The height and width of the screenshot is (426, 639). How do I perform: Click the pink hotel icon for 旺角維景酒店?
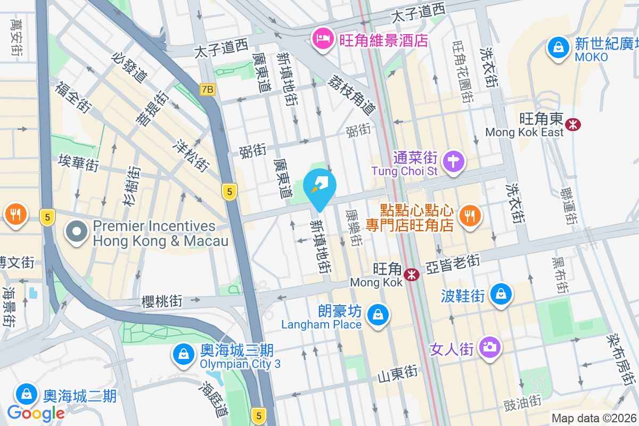tap(322, 39)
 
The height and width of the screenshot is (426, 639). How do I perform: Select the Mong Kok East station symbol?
tap(574, 125)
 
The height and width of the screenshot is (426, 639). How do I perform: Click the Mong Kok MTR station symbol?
tap(411, 275)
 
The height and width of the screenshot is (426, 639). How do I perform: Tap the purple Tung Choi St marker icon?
tap(454, 161)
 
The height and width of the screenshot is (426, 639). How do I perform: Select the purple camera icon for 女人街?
tap(489, 347)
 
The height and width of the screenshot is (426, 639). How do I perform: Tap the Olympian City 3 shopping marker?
tap(183, 354)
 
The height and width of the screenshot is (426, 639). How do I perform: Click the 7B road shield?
tap(207, 89)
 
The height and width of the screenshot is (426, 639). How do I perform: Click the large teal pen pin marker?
tap(319, 187)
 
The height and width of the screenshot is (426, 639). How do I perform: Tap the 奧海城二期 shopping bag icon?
tap(26, 395)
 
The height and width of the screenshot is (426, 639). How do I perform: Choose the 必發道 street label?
tap(130, 67)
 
